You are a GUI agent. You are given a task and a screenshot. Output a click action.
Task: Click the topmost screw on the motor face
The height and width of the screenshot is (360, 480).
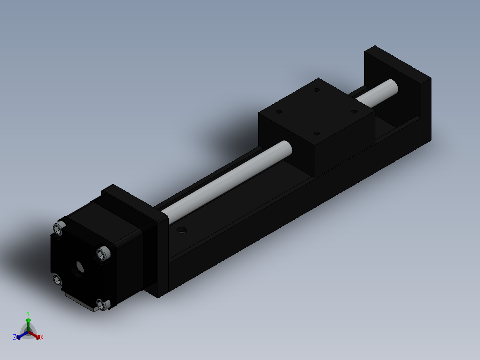58,229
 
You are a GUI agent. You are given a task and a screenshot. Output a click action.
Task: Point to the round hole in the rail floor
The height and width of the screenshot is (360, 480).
181,230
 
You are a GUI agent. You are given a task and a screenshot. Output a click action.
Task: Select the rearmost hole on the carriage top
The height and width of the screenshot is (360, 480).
317,90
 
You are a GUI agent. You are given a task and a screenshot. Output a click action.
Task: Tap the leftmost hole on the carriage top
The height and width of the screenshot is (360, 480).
279,112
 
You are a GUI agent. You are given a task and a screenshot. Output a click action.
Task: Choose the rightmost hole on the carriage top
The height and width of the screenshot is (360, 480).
354,111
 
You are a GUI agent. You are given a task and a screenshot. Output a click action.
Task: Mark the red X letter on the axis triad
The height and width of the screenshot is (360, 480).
42,338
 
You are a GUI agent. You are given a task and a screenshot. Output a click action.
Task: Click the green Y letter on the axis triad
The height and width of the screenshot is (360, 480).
28,313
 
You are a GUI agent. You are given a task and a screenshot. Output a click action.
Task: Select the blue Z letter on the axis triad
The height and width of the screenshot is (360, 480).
15,338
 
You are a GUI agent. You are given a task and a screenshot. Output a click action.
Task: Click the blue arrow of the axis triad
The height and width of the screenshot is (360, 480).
20,336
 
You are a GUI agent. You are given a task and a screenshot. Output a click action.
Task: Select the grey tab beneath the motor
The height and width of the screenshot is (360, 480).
80,303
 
